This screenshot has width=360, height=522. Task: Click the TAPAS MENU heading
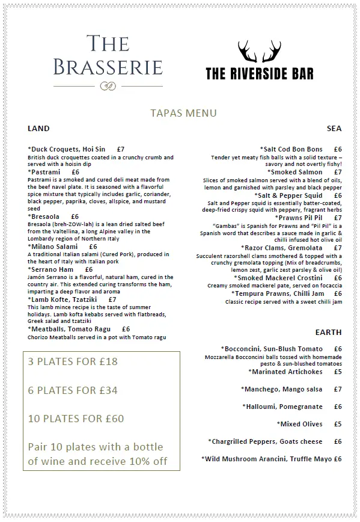coord(183,113)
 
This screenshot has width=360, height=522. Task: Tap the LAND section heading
coord(38,128)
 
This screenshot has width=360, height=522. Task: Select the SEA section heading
coord(334,128)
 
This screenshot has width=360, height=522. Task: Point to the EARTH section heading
coord(328,332)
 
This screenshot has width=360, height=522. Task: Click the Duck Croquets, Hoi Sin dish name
coord(67,149)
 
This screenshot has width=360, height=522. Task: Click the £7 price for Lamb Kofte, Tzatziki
coord(112,299)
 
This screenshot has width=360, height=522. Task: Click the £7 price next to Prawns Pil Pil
coord(338,218)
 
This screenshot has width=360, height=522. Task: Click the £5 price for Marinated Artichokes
coord(338,372)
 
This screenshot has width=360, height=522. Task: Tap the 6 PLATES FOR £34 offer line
coord(73,390)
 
